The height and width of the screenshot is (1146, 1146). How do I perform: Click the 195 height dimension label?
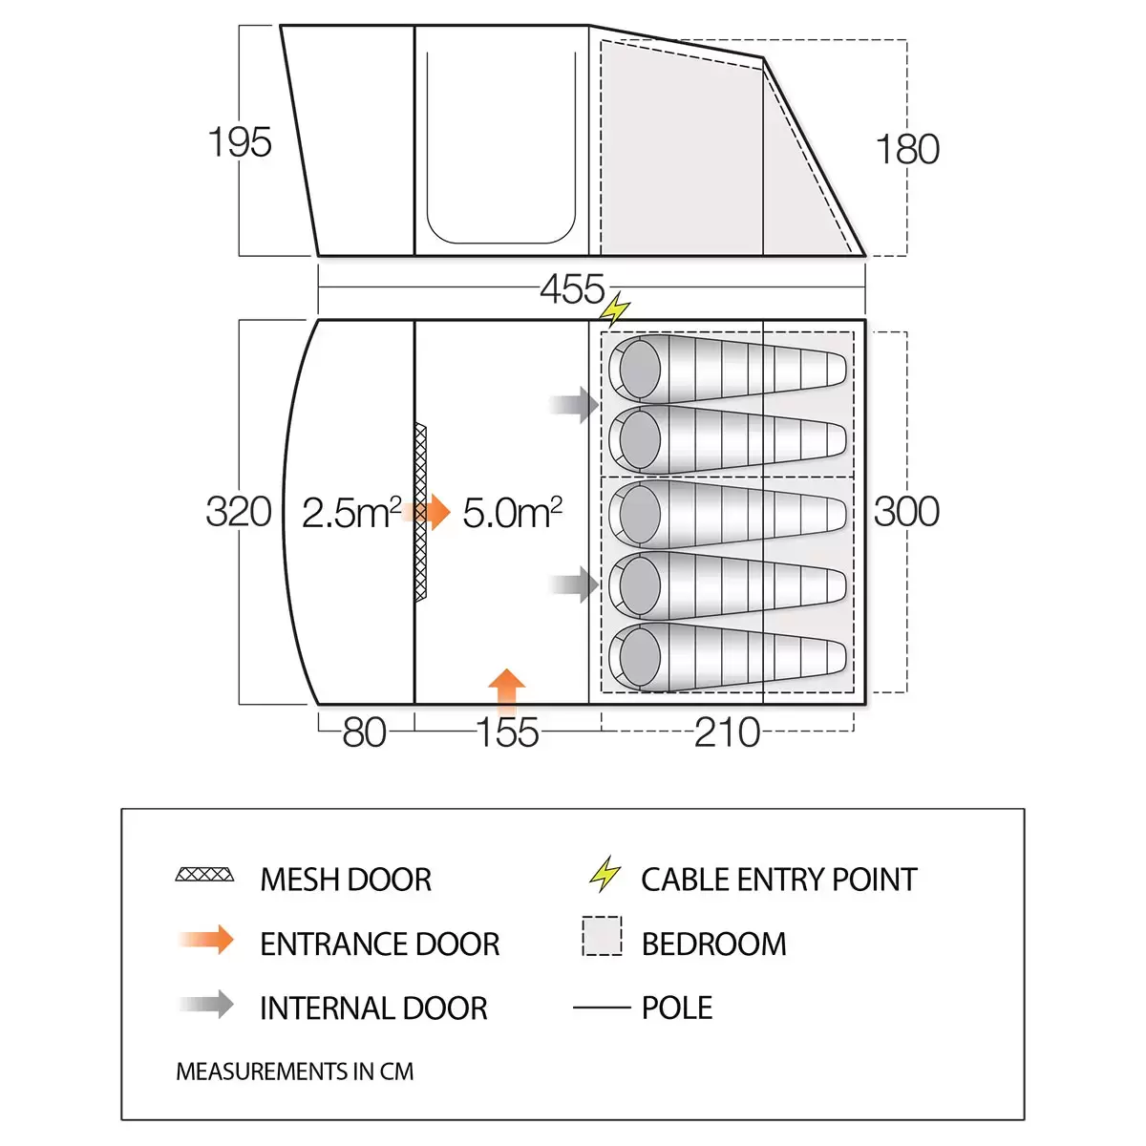[240, 143]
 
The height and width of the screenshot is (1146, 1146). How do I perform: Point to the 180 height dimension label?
[907, 150]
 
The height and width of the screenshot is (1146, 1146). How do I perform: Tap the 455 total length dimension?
[572, 289]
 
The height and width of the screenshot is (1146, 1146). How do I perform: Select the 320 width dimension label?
[239, 512]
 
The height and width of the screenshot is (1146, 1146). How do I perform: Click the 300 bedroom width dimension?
[906, 512]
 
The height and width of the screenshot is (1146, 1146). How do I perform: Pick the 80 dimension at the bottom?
[364, 733]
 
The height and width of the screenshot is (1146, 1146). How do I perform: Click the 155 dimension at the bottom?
[508, 733]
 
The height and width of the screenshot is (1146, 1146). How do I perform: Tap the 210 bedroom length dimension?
[727, 733]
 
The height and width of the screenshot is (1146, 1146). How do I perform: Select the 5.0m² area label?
[512, 513]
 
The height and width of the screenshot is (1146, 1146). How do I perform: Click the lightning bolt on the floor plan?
[615, 309]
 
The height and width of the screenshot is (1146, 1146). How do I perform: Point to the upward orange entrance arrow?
[506, 690]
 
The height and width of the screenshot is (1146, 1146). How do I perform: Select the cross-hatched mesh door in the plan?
[420, 512]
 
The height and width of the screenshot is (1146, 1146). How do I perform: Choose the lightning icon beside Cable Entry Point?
[605, 874]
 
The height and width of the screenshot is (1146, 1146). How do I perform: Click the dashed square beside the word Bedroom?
[602, 936]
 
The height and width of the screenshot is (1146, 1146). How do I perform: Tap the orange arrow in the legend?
[206, 941]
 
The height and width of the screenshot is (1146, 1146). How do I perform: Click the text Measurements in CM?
[294, 1072]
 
